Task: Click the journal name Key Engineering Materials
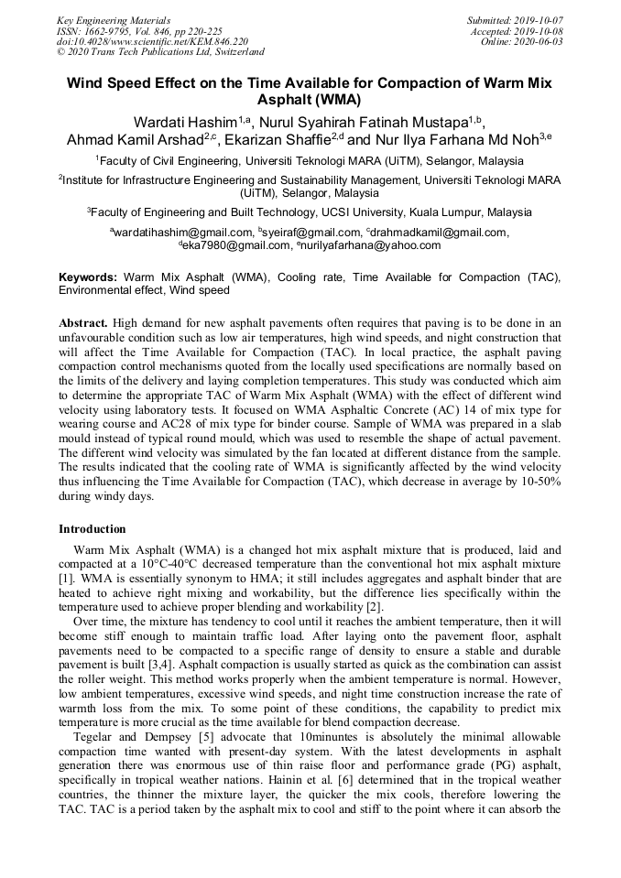click(113, 20)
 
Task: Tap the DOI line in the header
click(152, 41)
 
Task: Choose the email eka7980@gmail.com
click(235, 245)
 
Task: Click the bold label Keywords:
click(88, 276)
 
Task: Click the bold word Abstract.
click(84, 324)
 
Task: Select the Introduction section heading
click(93, 529)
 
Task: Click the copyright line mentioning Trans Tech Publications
click(160, 52)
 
